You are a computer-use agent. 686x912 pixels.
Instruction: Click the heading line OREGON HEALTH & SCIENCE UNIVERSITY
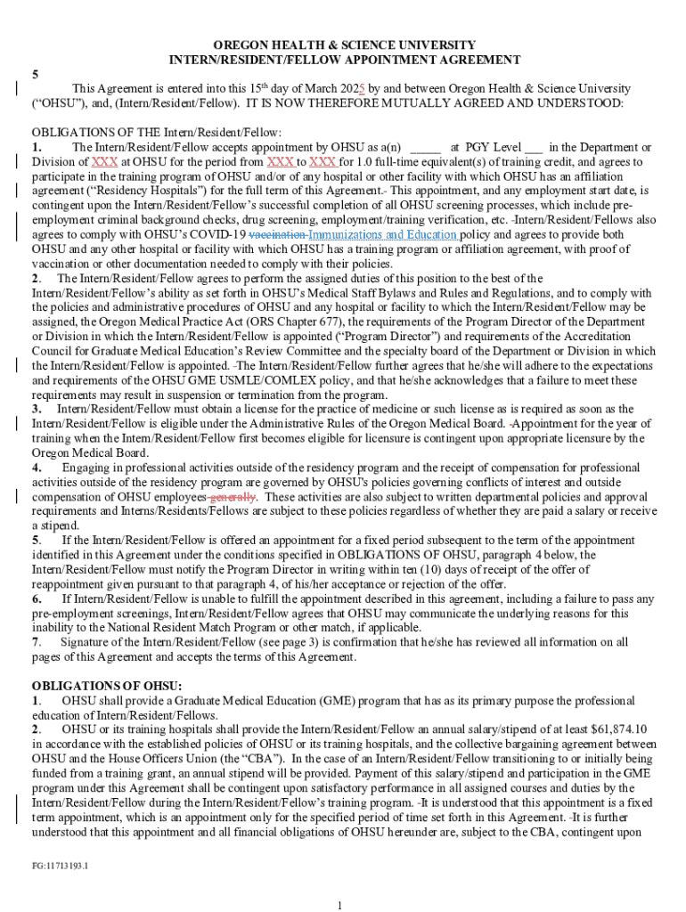pyautogui.click(x=343, y=45)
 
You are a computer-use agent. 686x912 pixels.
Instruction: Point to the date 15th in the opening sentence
pyautogui.click(x=259, y=88)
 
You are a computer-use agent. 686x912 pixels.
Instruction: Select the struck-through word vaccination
pyautogui.click(x=276, y=234)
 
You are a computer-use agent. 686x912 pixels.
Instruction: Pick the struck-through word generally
pyautogui.click(x=233, y=496)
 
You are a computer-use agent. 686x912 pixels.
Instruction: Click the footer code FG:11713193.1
pyautogui.click(x=60, y=865)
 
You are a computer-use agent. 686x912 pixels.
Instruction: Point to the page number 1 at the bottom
pyautogui.click(x=341, y=905)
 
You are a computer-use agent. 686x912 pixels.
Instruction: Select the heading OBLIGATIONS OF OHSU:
pyautogui.click(x=107, y=685)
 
